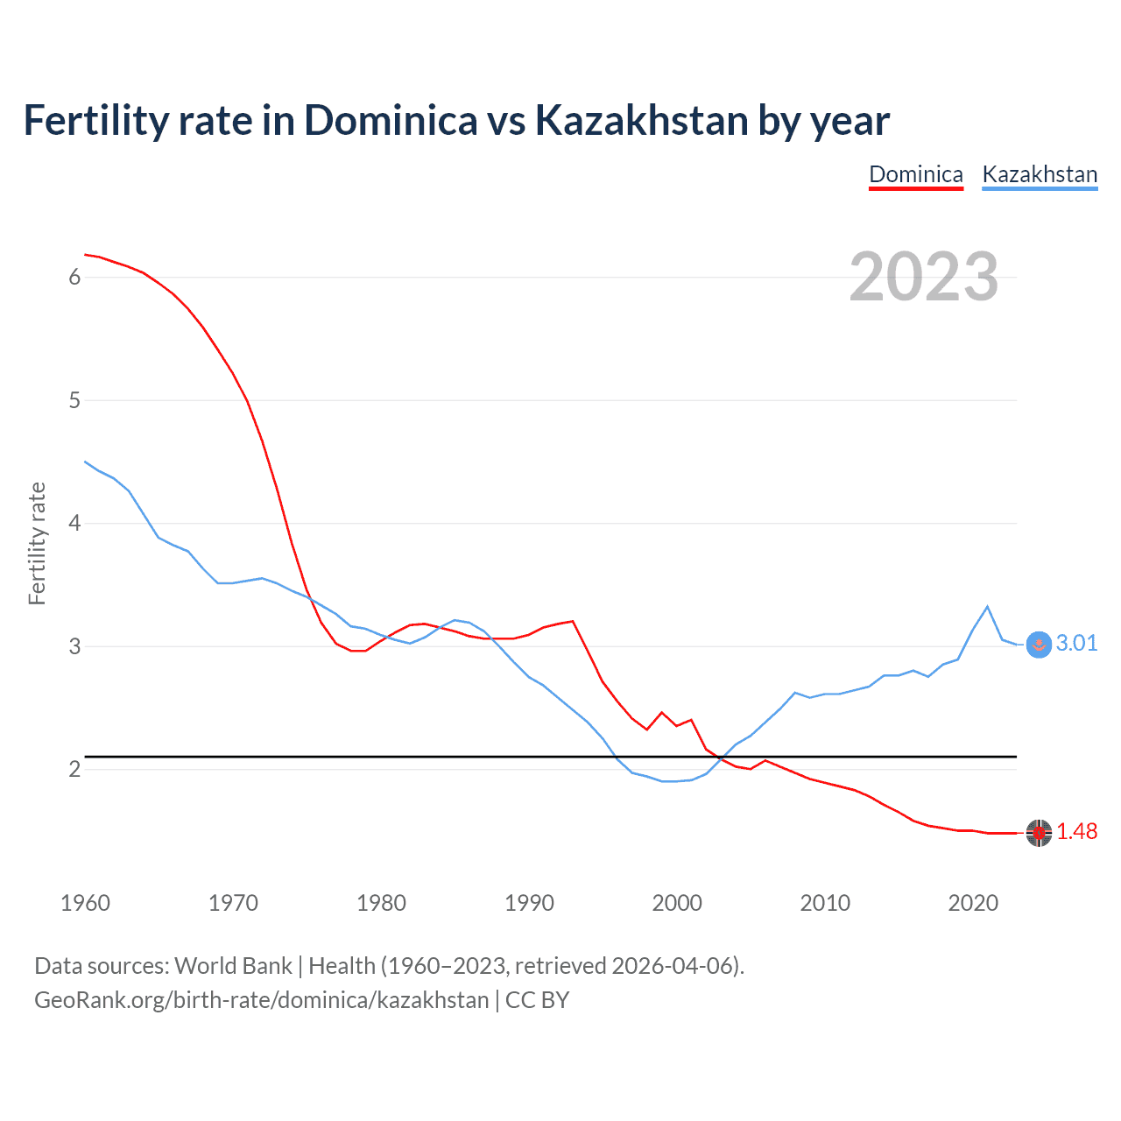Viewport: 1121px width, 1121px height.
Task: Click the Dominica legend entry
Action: point(915,174)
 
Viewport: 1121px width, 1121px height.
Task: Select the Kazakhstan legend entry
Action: point(1040,174)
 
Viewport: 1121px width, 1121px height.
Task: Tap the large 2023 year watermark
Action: point(924,277)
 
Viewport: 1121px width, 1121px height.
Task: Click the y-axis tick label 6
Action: point(74,277)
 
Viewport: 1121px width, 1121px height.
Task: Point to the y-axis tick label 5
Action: point(74,400)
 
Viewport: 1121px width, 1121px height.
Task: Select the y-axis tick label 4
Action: point(74,523)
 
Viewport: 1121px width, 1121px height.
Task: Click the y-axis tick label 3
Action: point(74,646)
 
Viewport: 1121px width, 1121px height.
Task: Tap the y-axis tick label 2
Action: point(74,769)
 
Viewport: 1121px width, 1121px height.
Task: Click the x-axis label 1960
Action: point(85,903)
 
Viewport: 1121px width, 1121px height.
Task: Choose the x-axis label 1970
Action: point(233,903)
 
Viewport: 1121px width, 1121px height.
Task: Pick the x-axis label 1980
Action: point(381,903)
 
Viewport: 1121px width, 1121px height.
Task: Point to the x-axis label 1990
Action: point(529,903)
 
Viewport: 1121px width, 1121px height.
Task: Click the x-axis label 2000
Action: point(677,903)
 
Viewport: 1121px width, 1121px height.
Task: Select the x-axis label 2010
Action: point(825,903)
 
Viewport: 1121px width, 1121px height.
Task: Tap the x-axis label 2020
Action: point(973,903)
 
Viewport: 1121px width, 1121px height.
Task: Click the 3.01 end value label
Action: point(1076,643)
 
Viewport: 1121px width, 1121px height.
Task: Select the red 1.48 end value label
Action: point(1076,831)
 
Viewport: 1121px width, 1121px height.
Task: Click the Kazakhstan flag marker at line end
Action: point(1039,645)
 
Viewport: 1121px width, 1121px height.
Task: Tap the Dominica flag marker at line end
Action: point(1039,833)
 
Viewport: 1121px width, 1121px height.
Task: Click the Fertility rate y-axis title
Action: point(37,543)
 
